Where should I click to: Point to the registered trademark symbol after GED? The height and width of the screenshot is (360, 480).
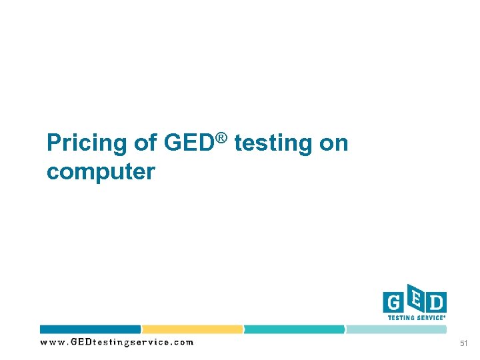(x=222, y=138)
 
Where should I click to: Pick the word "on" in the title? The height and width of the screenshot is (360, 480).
(x=334, y=143)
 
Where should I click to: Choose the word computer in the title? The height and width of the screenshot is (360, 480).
(x=101, y=172)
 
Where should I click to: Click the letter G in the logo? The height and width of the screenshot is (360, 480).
(x=393, y=303)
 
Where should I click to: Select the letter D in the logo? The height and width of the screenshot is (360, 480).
(x=436, y=303)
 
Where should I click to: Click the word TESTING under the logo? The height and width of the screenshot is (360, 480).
(x=402, y=318)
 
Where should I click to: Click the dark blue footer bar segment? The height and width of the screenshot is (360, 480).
(x=91, y=329)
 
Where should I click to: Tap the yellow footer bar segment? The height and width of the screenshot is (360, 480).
(x=193, y=329)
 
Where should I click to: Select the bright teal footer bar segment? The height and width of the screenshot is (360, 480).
(x=295, y=329)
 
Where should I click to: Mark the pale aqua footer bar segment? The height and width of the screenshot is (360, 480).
(x=396, y=329)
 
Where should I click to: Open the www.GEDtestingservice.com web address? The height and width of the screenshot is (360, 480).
(x=117, y=343)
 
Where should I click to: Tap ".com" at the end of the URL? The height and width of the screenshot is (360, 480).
(x=183, y=343)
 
